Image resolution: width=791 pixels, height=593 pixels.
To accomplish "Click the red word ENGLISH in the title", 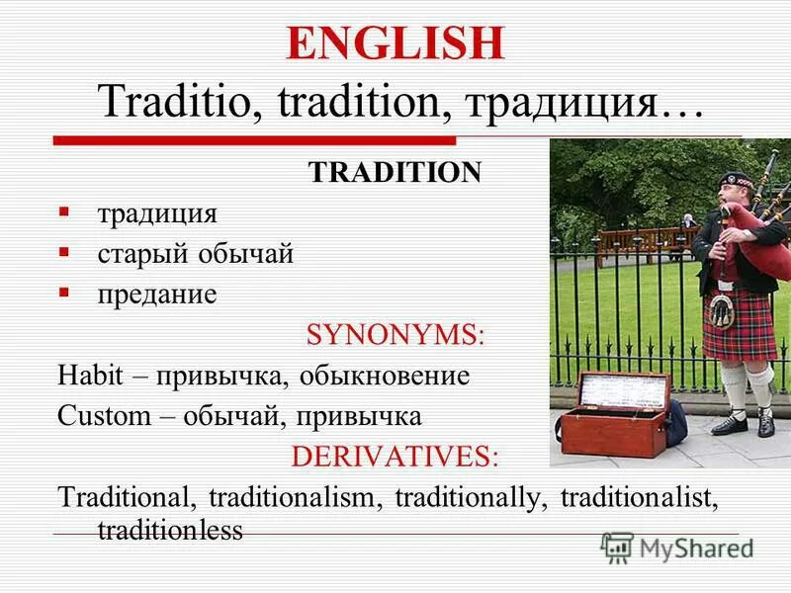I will [395, 46].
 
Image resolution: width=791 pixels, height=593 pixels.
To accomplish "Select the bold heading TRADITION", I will [395, 173].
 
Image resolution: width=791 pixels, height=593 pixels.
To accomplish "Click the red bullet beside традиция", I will [64, 212].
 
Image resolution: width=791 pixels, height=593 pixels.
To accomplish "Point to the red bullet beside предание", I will [64, 294].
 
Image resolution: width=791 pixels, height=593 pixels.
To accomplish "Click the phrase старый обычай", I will [195, 254].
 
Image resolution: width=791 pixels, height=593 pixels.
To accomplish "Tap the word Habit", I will [86, 376].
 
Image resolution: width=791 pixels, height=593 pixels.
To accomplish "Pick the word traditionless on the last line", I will [169, 531].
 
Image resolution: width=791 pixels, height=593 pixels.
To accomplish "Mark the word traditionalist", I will [635, 497].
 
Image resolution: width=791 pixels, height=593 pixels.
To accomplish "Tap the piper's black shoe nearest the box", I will [730, 424].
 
